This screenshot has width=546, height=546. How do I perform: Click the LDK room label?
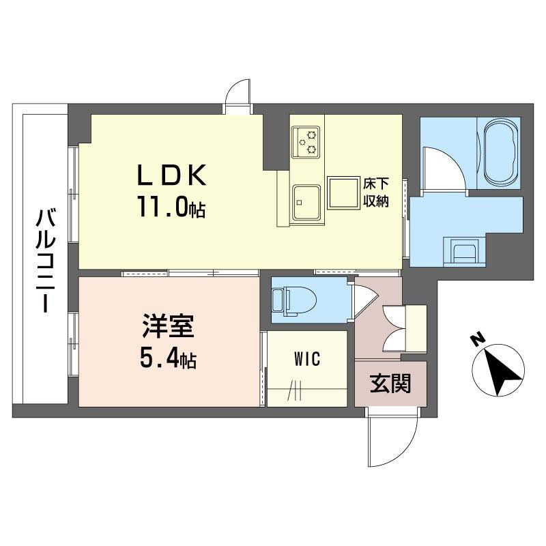(171, 175)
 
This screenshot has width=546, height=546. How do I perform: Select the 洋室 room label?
(168, 326)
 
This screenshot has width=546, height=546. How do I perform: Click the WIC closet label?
(306, 359)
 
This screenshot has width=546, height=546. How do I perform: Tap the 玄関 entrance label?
(390, 383)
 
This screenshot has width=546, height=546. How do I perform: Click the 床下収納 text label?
(376, 192)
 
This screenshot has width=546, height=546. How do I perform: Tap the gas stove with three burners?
(305, 142)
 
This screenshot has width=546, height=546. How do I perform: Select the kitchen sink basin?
(306, 202)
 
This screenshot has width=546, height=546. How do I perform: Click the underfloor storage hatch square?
(343, 193)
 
